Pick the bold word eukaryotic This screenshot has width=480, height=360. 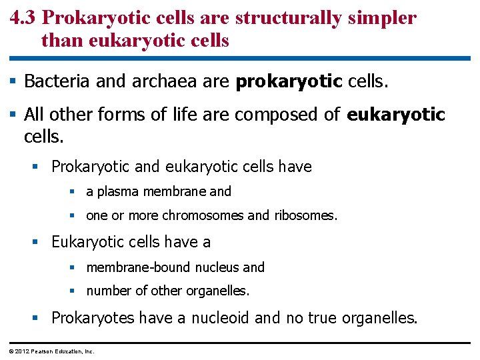pos(396,115)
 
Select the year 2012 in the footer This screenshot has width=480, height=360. pos(21,351)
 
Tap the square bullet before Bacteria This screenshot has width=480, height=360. pos(13,82)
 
